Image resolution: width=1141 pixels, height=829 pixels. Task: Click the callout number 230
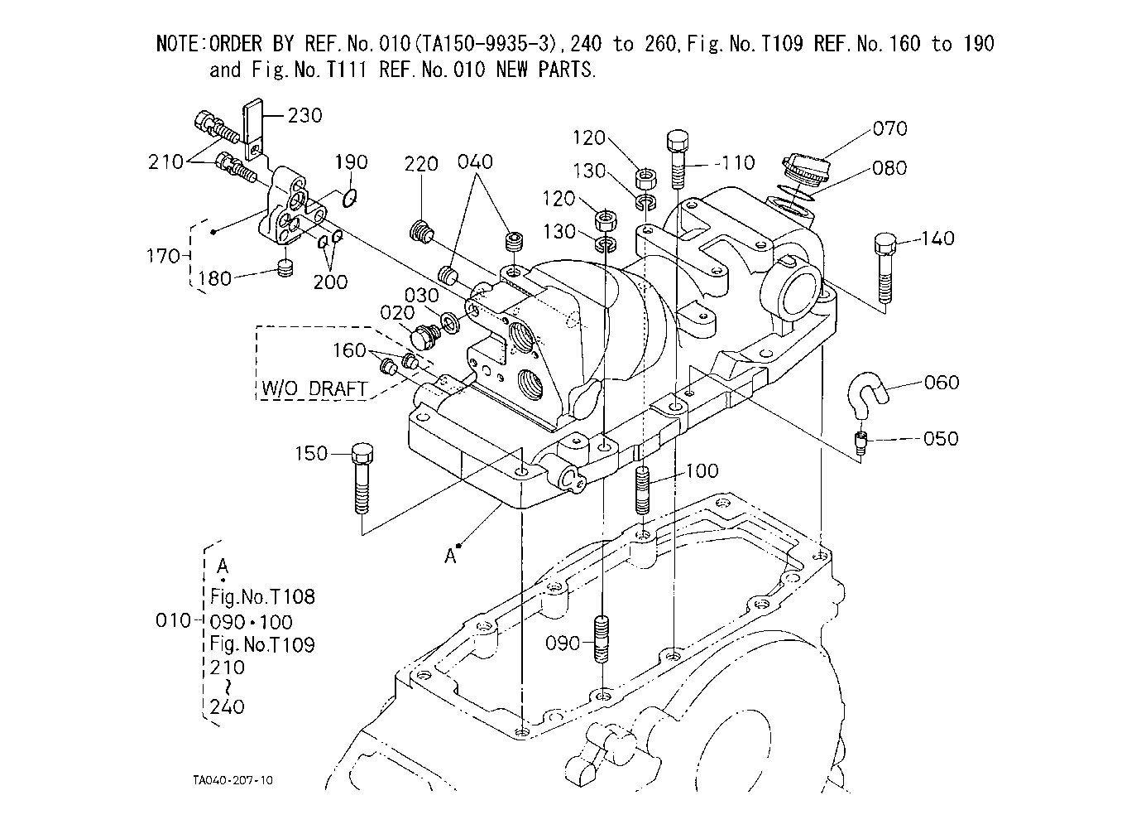[304, 116]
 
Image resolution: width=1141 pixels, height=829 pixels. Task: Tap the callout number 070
[889, 128]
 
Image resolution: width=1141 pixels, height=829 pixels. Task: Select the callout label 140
[937, 239]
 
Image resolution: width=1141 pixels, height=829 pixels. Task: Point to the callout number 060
[942, 383]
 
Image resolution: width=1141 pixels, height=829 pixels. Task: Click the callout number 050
[941, 438]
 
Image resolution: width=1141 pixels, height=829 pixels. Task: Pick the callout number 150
[311, 453]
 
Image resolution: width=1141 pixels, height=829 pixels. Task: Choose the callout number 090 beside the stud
[563, 643]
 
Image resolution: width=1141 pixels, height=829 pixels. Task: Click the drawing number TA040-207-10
[233, 780]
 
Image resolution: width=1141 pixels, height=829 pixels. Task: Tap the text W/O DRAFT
[314, 389]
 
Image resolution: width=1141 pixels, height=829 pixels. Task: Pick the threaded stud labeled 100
[643, 491]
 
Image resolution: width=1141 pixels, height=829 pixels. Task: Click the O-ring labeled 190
[349, 198]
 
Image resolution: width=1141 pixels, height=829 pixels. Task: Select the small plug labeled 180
[285, 267]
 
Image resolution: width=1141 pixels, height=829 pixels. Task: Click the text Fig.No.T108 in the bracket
[262, 596]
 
